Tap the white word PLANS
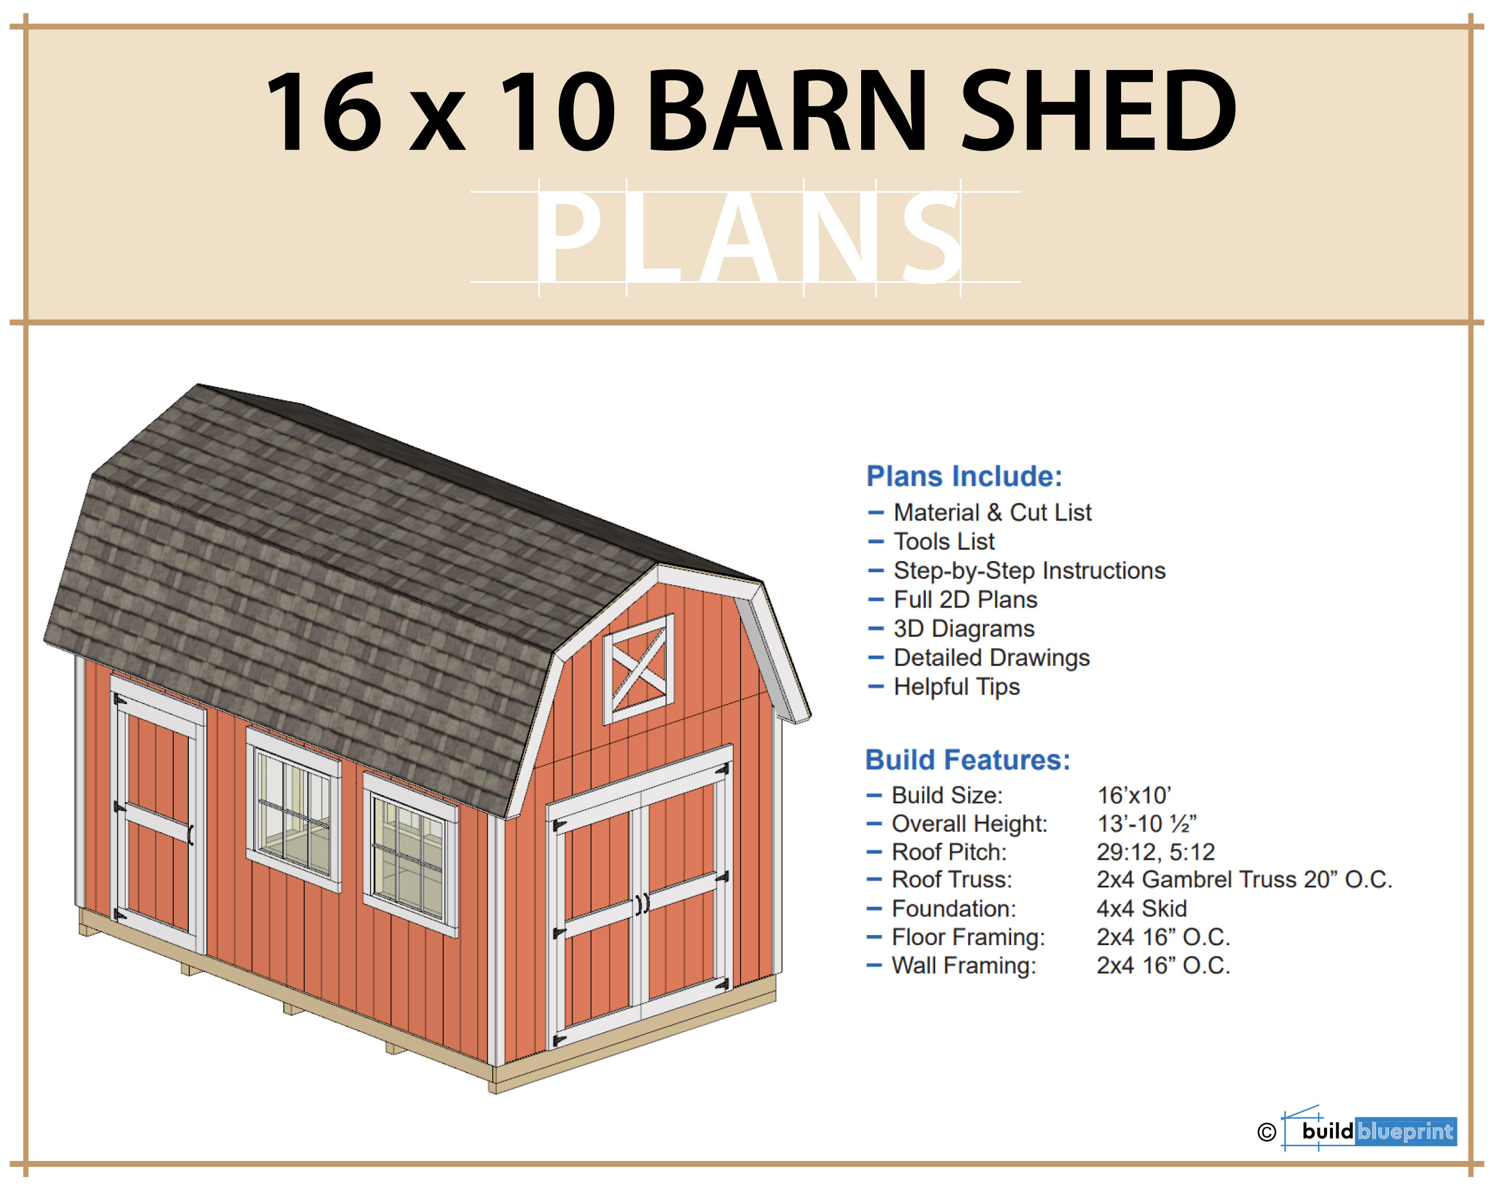tap(748, 237)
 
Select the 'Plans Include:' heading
tap(964, 476)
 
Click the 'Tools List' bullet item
tap(944, 541)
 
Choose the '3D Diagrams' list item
tap(963, 628)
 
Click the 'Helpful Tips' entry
tap(956, 686)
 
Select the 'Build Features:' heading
tap(968, 760)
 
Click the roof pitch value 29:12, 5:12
tap(1155, 852)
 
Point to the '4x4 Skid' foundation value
tap(1141, 908)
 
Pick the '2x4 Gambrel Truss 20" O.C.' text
tap(1244, 880)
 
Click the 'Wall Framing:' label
tap(963, 966)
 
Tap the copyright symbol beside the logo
tap(1266, 1132)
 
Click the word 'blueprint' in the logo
tap(1405, 1131)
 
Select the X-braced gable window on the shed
tap(638, 669)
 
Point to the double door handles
tap(642, 903)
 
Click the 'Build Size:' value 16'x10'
tap(1133, 795)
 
